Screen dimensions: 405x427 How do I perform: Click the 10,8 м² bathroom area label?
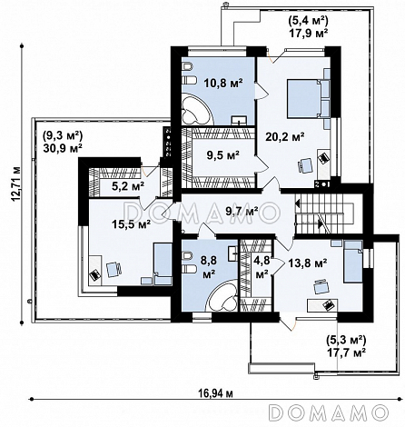223,83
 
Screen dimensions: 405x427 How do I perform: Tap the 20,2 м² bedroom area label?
284,137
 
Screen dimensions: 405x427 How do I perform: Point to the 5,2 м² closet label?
127,186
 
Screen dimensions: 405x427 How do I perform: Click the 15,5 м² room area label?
132,224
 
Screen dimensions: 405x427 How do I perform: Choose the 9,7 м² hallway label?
242,210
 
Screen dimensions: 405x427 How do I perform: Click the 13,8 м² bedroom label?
307,263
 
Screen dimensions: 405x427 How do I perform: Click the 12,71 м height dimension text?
16,184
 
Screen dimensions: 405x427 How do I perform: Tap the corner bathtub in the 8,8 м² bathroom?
222,295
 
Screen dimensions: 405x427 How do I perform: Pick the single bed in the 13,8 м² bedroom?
353,262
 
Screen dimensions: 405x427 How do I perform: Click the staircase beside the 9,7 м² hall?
324,213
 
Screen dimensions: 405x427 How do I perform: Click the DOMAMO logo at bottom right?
329,412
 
